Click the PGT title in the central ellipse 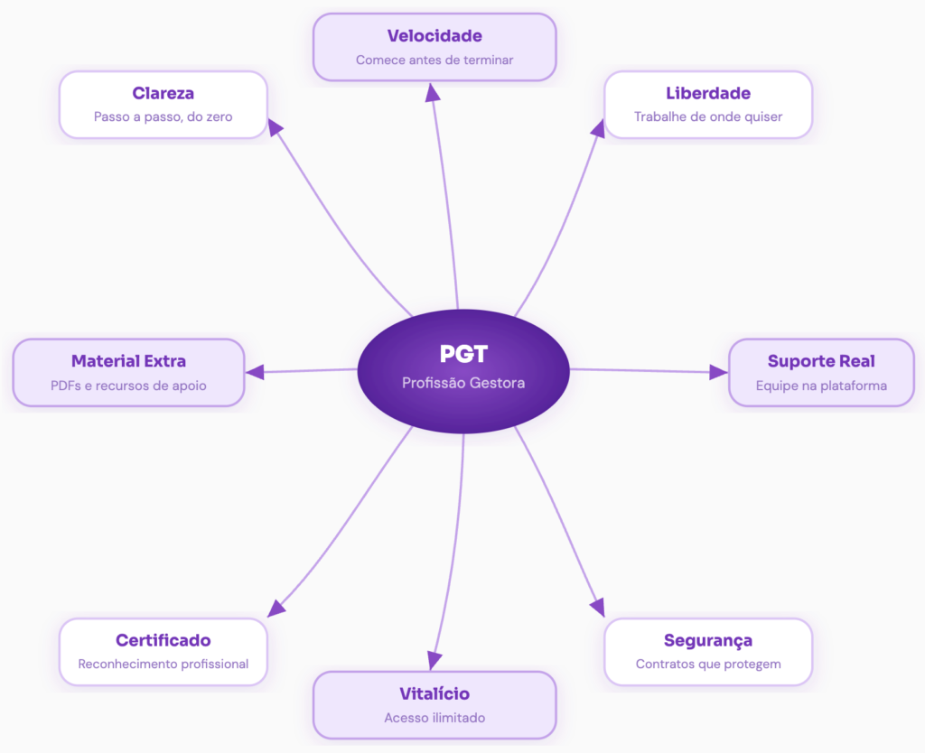462,354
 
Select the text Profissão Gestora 462,383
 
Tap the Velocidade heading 434,36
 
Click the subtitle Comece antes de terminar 434,60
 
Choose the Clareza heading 164,93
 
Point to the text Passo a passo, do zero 164,116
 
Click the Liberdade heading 708,93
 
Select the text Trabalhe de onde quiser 708,116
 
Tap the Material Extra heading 128,361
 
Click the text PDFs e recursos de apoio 128,386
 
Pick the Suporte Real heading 821,361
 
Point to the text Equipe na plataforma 821,386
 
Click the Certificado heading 164,640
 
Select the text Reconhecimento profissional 164,665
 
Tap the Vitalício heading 434,694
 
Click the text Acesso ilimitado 434,718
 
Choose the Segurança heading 708,640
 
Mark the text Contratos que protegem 708,665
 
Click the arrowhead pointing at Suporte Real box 718,372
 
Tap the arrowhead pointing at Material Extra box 256,371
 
